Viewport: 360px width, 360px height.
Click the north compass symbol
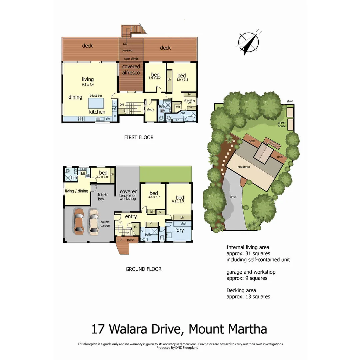(x=249, y=42)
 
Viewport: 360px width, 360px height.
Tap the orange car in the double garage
(x=79, y=221)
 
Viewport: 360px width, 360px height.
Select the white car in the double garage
(x=94, y=221)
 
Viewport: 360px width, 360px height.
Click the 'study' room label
(x=150, y=109)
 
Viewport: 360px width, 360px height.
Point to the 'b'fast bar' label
(x=96, y=96)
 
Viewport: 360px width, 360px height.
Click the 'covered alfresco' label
(x=131, y=69)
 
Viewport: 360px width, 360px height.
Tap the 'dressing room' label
(x=190, y=101)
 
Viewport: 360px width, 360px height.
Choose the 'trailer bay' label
(x=101, y=197)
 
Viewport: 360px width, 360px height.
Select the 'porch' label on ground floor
(x=131, y=239)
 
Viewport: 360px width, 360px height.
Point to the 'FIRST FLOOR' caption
(x=139, y=137)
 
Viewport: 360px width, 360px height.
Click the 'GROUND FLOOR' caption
(x=143, y=269)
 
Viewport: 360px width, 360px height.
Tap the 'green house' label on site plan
(x=282, y=124)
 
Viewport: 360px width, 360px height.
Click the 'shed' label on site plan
(x=290, y=101)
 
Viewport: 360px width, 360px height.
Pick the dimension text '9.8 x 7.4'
(x=88, y=85)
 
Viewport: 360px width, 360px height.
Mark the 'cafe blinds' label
(x=131, y=59)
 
